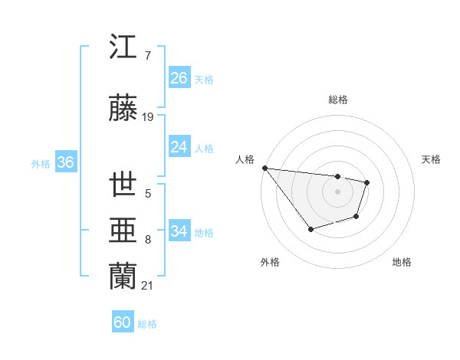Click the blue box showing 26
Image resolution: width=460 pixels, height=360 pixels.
179,78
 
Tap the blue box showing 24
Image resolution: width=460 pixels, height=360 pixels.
179,147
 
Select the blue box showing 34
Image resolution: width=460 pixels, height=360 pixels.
179,231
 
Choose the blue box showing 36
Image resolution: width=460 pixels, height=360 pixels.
65,162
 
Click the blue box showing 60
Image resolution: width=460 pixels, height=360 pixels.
123,322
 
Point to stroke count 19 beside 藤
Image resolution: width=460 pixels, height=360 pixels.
148,117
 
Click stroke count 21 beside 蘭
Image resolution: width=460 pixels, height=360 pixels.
148,286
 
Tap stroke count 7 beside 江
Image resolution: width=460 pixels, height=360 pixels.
147,56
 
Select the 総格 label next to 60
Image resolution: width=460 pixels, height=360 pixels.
147,324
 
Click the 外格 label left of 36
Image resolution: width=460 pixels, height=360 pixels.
41,163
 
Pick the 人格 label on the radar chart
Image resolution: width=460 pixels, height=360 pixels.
245,159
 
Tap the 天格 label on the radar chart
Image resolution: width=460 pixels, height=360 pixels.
432,159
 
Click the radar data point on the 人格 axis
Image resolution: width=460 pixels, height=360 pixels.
264,168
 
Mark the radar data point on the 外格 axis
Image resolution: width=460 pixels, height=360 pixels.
310,229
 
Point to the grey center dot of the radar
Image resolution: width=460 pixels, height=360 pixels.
337,191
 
